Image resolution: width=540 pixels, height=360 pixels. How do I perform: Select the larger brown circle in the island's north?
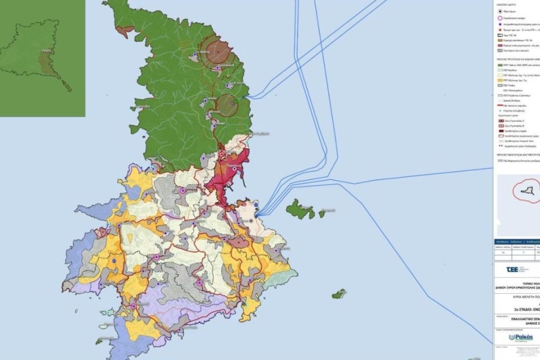[x=219, y=50]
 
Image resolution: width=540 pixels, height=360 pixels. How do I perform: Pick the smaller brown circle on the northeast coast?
[x=227, y=105]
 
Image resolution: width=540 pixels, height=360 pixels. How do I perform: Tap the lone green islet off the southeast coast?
[x=339, y=294]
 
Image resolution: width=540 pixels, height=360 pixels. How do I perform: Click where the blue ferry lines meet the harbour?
[x=257, y=213]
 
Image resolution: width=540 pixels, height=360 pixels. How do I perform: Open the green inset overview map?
[x=42, y=58]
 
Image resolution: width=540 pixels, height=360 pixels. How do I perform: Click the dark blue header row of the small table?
[x=517, y=242]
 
